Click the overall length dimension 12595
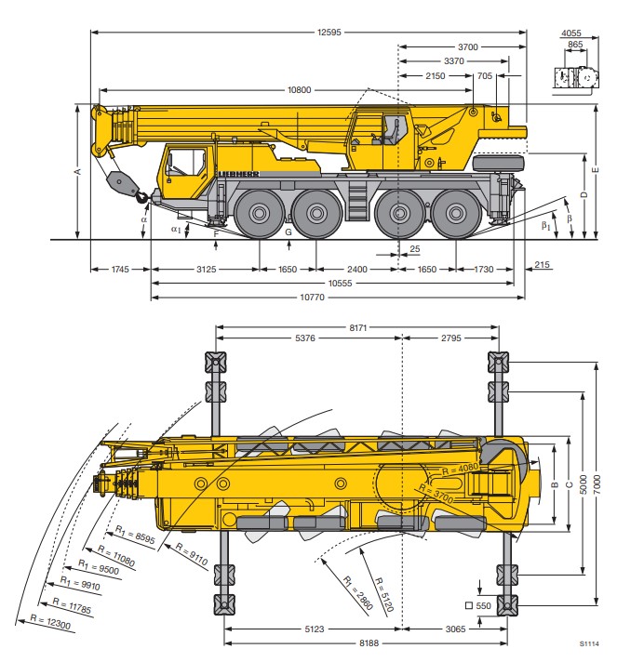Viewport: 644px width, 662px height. tap(329, 33)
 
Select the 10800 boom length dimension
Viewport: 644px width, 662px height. tap(299, 90)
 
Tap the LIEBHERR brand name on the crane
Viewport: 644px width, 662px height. tap(238, 174)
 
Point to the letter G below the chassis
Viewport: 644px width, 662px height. tap(288, 232)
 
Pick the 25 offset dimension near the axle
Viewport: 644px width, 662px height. tap(415, 249)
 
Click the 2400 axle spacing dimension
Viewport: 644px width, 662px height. tap(357, 270)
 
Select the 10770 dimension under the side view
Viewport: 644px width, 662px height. tap(313, 298)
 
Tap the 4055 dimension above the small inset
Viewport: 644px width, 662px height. tap(571, 33)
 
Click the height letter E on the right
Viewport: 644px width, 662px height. tap(596, 170)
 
